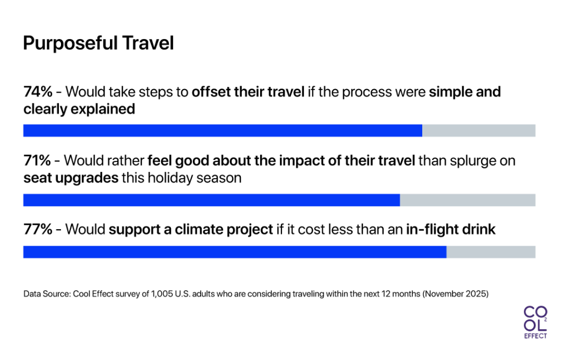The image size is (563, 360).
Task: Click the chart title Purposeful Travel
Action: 98,43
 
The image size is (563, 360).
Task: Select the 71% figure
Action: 37,160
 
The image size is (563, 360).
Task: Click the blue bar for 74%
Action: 222,130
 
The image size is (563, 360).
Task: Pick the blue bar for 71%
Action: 211,200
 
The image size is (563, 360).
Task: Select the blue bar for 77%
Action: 234,252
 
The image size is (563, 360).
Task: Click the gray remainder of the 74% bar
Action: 478,130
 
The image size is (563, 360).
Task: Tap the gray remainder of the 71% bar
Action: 467,200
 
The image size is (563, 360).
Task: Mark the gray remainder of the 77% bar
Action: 490,252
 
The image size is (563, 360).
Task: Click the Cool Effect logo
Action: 535,322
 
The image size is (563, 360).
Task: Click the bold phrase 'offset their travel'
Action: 247,92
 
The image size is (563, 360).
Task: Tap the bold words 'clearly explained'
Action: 79,109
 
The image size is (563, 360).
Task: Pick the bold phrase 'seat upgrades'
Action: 70,178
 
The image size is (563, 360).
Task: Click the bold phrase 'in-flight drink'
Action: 450,229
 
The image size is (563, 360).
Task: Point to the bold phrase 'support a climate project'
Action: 191,229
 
